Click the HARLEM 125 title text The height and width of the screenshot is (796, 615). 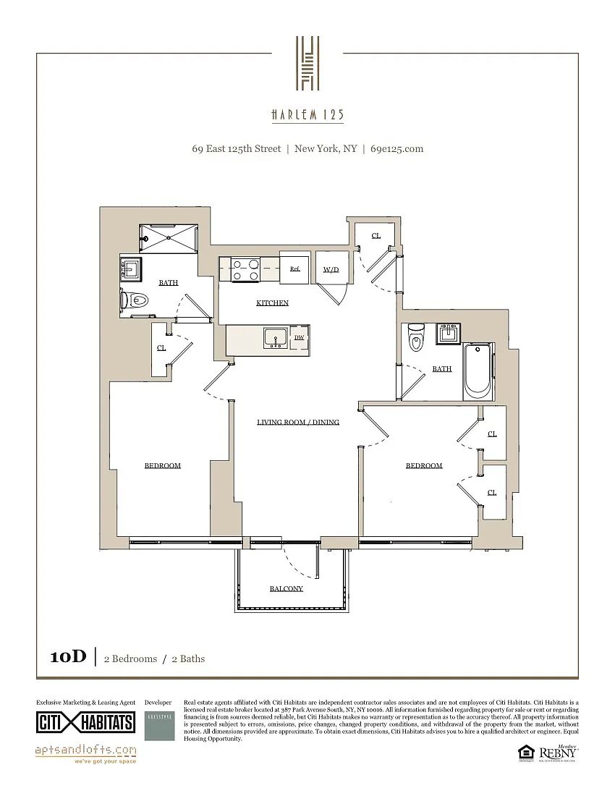pos(307,115)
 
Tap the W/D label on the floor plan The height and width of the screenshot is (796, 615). pos(331,269)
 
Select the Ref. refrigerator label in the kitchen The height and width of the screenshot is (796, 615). pos(294,268)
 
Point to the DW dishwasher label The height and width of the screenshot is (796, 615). pos(299,337)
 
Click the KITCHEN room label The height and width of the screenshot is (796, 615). pos(272,303)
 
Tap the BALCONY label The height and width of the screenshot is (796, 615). pos(286,588)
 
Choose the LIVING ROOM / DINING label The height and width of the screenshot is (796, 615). pos(298,422)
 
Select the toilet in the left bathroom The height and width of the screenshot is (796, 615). pos(135,299)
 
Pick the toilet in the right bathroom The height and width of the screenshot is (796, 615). pos(416,339)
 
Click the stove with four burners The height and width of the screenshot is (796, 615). pos(245,270)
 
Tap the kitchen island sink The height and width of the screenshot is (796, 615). pos(275,338)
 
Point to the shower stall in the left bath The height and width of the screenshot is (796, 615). pos(167,237)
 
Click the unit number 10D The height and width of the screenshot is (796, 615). pos(68,657)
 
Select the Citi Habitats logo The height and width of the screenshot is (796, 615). pos(85,722)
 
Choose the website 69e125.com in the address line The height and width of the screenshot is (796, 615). pos(396,149)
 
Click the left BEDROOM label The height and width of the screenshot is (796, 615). pos(162,465)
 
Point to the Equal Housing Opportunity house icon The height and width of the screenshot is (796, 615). pos(524,754)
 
